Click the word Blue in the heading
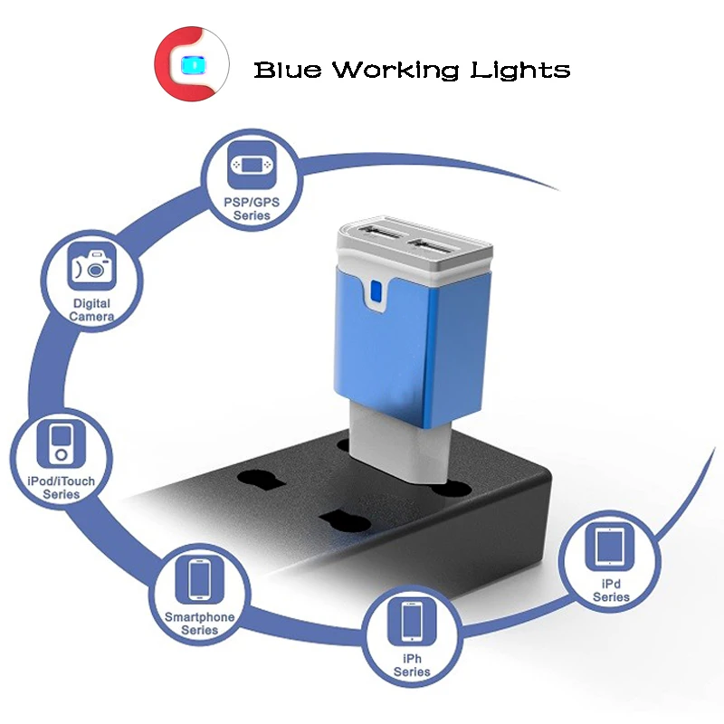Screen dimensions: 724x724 tap(287, 70)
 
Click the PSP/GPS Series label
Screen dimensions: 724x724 tap(252, 210)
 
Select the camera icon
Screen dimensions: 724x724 tap(91, 268)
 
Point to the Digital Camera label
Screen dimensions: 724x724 tap(91, 310)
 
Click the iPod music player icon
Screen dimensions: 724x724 tap(61, 443)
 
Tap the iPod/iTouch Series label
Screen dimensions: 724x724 tap(61, 488)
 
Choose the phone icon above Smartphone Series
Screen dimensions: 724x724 tap(200, 579)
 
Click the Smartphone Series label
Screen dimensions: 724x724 tap(200, 623)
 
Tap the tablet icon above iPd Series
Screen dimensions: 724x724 tap(611, 547)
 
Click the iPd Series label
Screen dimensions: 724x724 tap(611, 591)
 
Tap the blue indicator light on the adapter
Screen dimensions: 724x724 tap(376, 292)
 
